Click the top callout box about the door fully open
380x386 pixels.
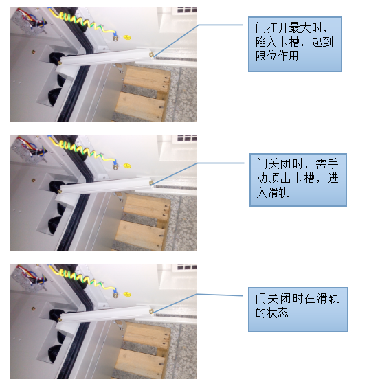click(295, 44)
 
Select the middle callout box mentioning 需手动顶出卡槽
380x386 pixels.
click(298, 179)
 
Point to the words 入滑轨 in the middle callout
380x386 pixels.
click(272, 193)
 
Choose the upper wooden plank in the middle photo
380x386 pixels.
click(146, 205)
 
